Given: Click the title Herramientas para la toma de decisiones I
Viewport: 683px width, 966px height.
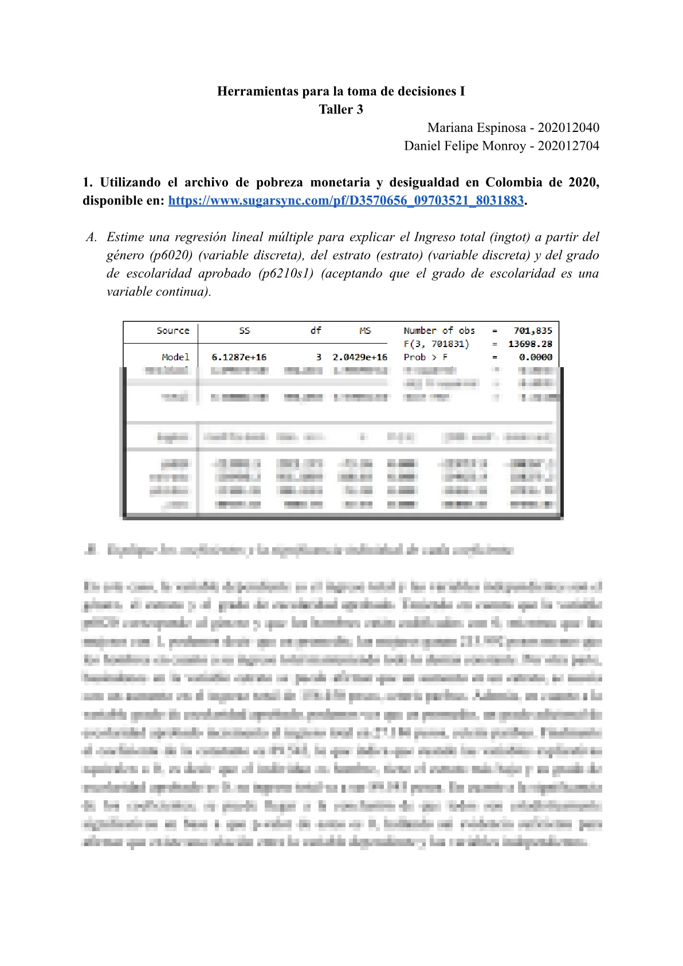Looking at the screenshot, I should [x=341, y=91].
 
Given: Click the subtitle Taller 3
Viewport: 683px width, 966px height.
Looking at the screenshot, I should [x=341, y=110].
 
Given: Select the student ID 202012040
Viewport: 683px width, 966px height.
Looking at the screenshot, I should [x=568, y=127].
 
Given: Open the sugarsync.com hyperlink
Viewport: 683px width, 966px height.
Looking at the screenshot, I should [x=346, y=201].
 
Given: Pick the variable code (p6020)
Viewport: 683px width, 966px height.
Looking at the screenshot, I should [x=171, y=255].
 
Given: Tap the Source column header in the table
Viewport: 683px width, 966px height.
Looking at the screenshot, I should [x=173, y=330].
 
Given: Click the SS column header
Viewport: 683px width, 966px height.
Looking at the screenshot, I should [x=245, y=330].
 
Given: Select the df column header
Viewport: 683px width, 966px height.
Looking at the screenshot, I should [x=316, y=330].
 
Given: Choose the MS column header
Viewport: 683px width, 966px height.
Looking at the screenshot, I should [x=365, y=330].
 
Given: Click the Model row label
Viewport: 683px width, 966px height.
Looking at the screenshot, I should [x=175, y=357].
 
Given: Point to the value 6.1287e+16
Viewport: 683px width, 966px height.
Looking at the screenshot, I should [x=239, y=357].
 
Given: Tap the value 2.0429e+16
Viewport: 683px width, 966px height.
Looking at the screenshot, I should [x=360, y=357].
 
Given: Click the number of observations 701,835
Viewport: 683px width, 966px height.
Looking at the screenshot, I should [x=533, y=330].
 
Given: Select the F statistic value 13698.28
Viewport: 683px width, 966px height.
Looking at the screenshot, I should [x=530, y=344].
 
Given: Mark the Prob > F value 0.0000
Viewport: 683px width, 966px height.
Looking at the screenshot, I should [x=536, y=357].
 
